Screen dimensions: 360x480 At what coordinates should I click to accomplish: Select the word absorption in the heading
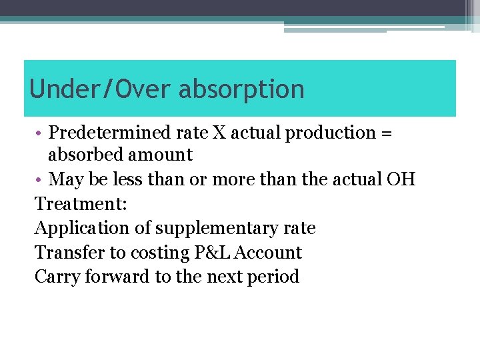[x=241, y=89]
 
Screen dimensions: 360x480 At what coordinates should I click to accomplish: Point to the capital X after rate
[x=220, y=133]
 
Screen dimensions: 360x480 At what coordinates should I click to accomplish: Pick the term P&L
[x=212, y=253]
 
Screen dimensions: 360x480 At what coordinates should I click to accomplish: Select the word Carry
[x=57, y=277]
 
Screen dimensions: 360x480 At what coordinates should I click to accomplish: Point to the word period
[x=273, y=277]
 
